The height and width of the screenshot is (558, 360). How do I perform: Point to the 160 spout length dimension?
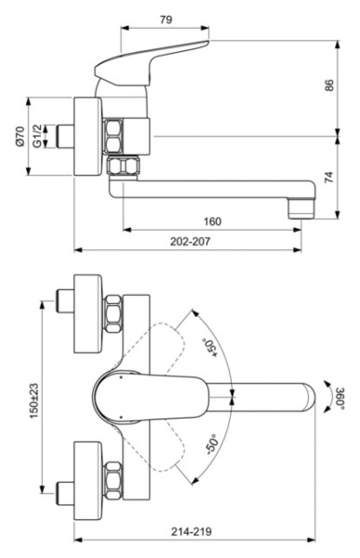212,220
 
